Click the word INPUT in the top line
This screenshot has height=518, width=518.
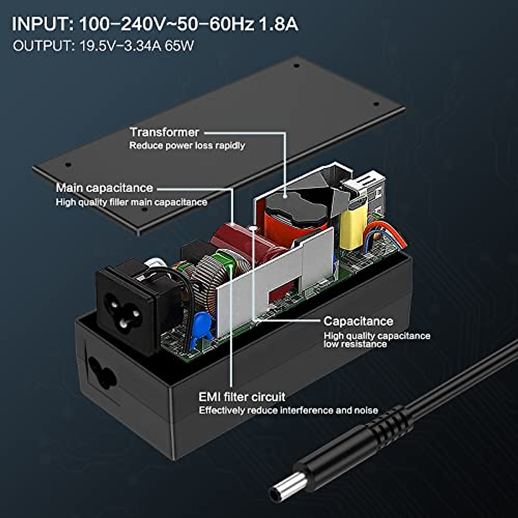click(42, 24)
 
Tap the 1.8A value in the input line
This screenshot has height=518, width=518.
click(278, 24)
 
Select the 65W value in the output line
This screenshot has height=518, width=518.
click(179, 46)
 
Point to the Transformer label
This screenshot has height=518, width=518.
click(164, 132)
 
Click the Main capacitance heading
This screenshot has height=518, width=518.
click(104, 188)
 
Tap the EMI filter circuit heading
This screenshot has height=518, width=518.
click(242, 397)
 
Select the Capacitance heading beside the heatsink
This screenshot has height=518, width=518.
click(358, 321)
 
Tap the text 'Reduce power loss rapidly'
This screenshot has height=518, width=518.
click(187, 145)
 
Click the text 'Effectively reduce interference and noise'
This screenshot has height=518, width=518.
click(288, 410)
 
